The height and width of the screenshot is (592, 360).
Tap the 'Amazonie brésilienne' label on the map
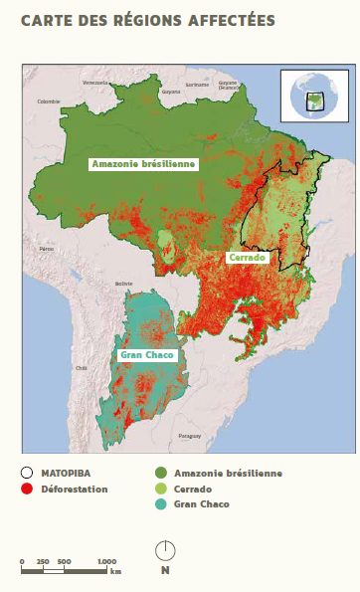coord(144,164)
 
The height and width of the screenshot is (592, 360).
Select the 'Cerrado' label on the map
coord(247,258)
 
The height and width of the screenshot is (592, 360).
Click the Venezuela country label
coord(95,82)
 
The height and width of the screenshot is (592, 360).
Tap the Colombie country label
coord(49,101)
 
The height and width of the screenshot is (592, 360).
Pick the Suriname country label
coord(196,85)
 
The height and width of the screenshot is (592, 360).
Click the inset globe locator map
coord(311,97)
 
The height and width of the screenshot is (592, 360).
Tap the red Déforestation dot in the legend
coord(27,489)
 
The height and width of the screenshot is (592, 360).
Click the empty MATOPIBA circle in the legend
coord(27,473)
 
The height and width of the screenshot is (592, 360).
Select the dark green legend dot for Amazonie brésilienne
coord(160,473)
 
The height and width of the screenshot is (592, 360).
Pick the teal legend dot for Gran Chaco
coord(160,504)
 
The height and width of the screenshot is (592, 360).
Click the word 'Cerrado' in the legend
coord(192,489)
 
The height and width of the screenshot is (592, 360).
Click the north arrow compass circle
coord(165,549)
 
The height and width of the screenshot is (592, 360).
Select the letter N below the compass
coord(165,570)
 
